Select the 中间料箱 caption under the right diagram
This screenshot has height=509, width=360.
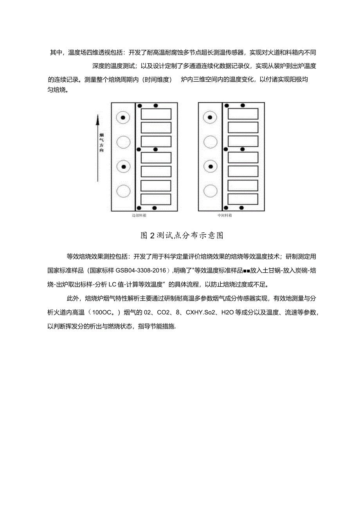[225, 215]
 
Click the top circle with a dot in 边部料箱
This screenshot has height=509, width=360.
[124, 118]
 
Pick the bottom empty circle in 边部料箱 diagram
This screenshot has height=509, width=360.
[124, 191]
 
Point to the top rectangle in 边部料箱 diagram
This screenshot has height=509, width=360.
[156, 114]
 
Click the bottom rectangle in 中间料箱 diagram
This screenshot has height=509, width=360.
[243, 199]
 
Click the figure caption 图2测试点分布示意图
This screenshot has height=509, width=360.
[182, 236]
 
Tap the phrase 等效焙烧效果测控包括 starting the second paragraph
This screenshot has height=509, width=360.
[99, 257]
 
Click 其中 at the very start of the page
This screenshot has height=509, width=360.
[56, 53]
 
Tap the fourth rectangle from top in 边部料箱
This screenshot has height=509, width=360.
[156, 157]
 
